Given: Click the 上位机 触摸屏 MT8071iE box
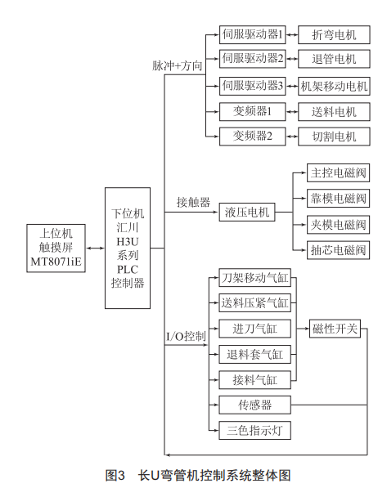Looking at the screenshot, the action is tap(56, 248).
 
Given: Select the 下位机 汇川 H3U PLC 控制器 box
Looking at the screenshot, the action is tap(128, 248).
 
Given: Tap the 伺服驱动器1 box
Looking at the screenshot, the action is tap(253, 34).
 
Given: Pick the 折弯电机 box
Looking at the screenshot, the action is tap(334, 34).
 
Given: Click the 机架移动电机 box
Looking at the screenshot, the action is tap(334, 86).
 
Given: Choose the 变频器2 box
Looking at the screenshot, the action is tap(253, 137).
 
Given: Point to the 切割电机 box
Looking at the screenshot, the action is tap(334, 137).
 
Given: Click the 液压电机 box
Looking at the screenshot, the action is tap(247, 213).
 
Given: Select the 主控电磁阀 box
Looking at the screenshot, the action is tap(338, 172).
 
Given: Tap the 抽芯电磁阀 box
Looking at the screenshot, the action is tap(338, 250).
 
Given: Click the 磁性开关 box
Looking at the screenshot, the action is tap(335, 329).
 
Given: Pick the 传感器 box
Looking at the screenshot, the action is tap(255, 405).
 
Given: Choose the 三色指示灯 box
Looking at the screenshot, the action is tap(255, 431).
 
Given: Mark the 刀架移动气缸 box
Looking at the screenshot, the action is tap(255, 278).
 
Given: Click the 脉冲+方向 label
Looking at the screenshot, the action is tap(178, 65).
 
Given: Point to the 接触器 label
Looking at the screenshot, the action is tap(194, 202).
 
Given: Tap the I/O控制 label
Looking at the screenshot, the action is tap(186, 336).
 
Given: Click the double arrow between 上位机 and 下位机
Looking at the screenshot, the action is tap(95, 248).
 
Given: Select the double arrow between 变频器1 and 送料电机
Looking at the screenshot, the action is tap(292, 111).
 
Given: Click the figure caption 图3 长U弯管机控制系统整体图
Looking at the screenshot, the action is tap(198, 475).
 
